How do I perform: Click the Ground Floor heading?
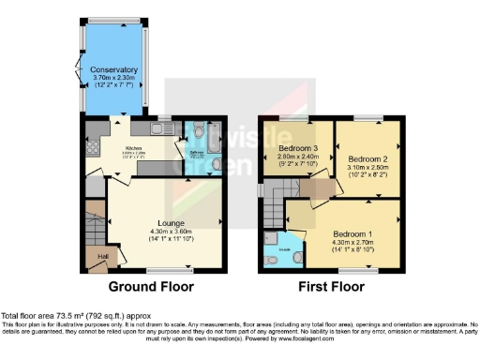(151, 286)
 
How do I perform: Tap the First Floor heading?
(333, 286)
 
